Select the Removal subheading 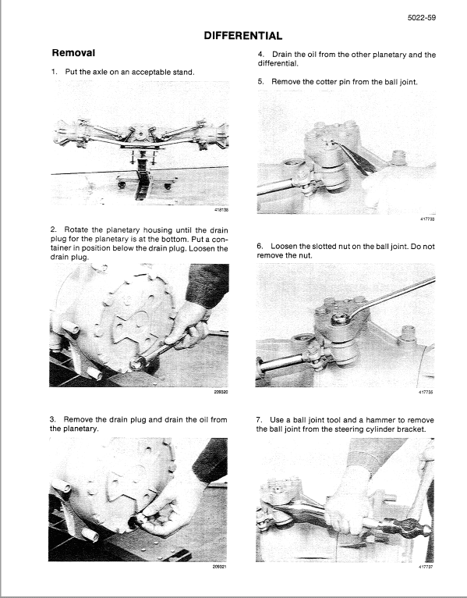73,54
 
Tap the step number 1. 54,72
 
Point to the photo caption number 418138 221,209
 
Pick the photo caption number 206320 221,392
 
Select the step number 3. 53,419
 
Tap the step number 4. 260,55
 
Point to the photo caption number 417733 426,219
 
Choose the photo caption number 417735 426,393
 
